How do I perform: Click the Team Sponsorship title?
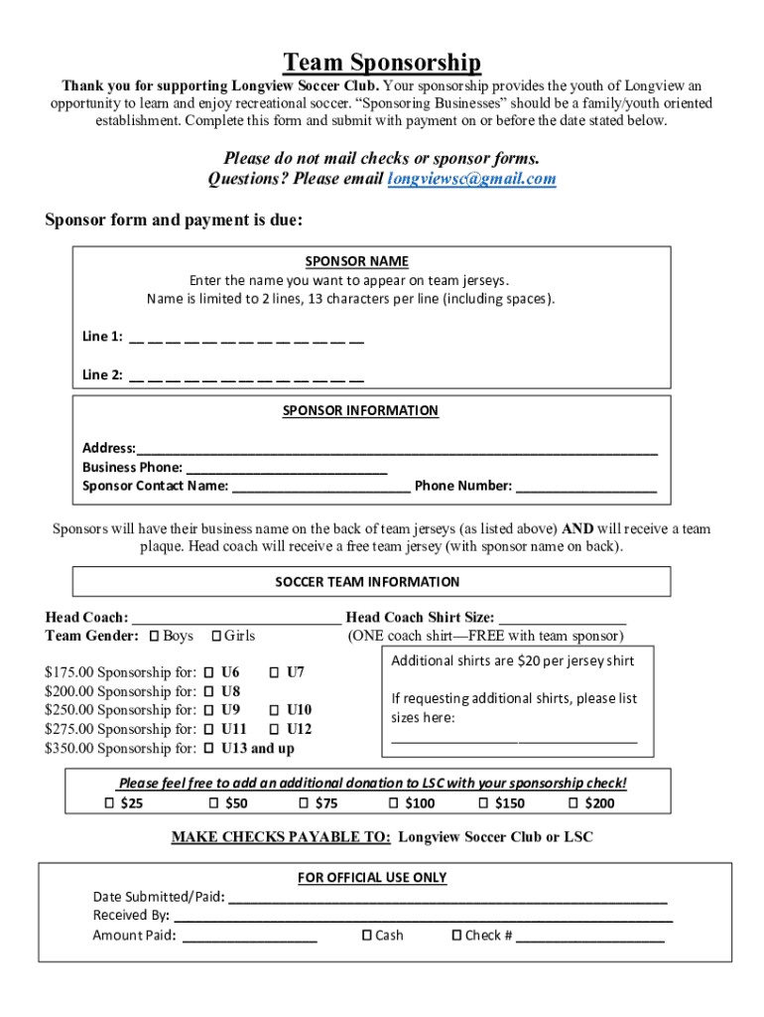tap(382, 64)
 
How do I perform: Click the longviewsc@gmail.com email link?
tap(471, 179)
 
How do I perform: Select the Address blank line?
tap(397, 449)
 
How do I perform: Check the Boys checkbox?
tap(154, 636)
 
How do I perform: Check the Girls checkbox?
tap(215, 636)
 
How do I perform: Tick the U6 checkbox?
tap(209, 672)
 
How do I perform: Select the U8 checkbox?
tap(209, 691)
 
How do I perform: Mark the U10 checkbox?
tap(275, 710)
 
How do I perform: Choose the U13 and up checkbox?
tap(209, 748)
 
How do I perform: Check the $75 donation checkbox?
tap(304, 802)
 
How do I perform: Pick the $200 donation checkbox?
tap(573, 802)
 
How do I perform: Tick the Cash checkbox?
tap(366, 935)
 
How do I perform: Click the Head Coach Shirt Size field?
tap(562, 618)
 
